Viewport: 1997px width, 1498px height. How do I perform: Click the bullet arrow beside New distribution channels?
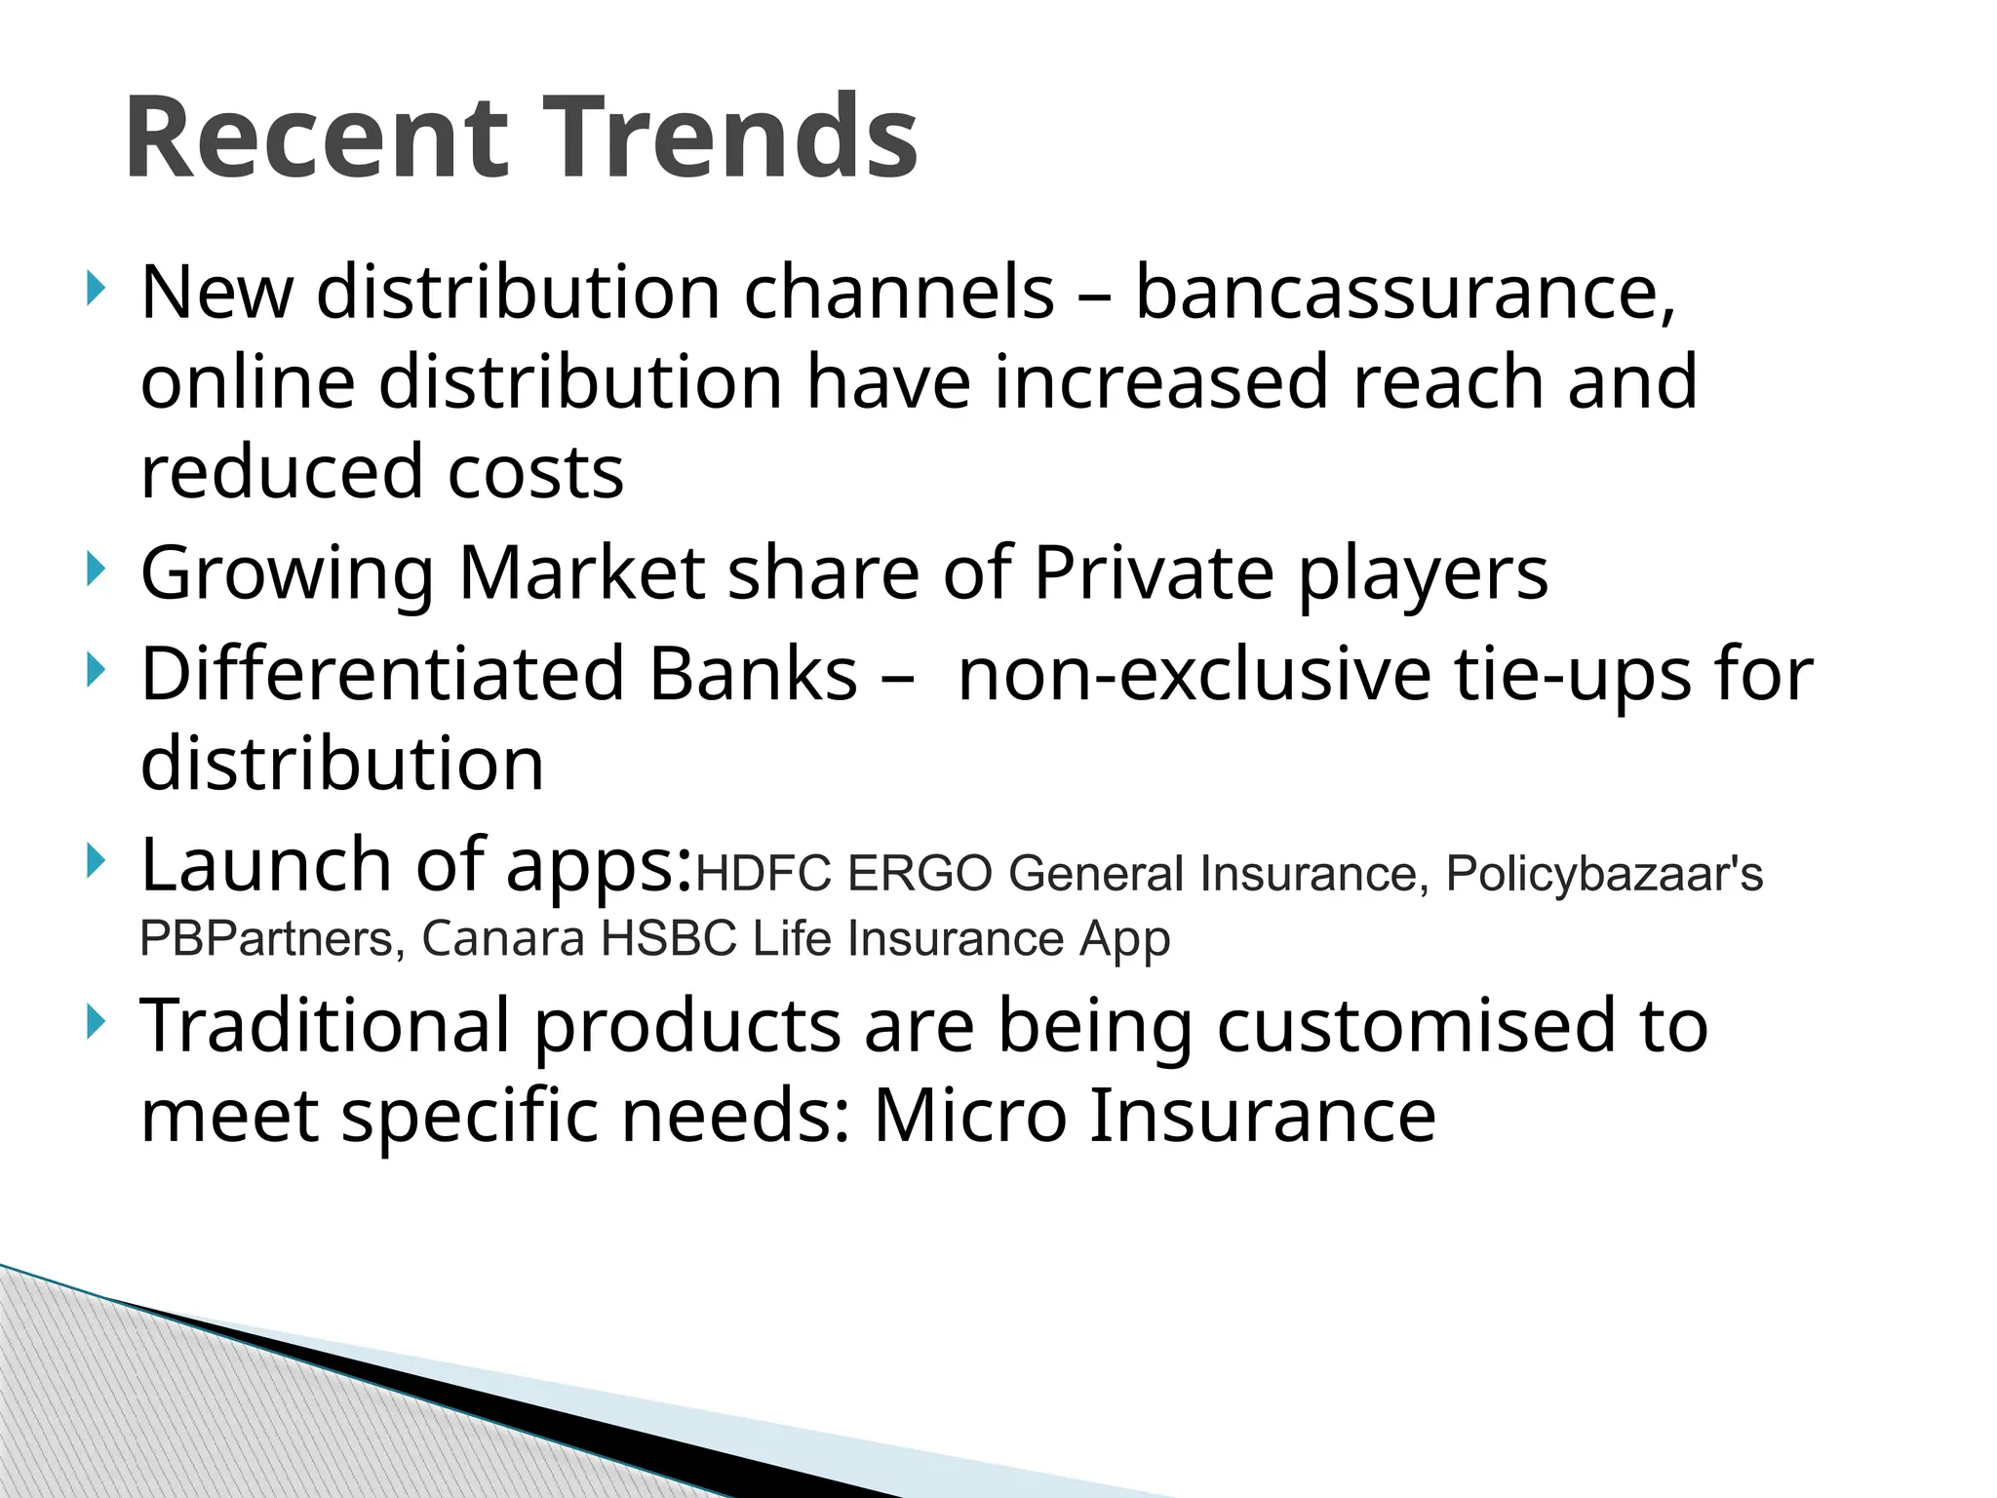pos(95,289)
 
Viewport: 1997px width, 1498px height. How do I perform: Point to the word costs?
pos(535,472)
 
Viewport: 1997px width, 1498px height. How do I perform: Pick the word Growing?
pos(288,574)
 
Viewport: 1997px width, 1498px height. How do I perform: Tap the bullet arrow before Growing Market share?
pos(95,569)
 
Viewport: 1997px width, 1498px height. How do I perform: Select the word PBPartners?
pos(266,939)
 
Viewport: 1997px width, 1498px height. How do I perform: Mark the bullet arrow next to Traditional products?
pos(95,1022)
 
